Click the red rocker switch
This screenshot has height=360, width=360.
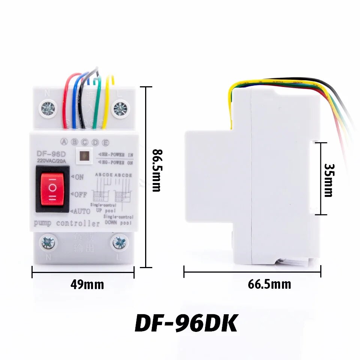pos(52,189)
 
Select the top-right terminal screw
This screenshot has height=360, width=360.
pos(120,109)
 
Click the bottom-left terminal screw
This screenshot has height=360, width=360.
pos(48,243)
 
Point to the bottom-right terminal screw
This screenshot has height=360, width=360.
pos(120,243)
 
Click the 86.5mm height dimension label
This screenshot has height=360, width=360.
pos(156,170)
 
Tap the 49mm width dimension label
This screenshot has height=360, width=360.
pos(87,285)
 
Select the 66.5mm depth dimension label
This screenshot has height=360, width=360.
pos(269,284)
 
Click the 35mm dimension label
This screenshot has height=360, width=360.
pos(328,180)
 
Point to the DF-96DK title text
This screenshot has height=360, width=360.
pos(186,323)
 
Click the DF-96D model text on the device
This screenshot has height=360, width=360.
pos(51,154)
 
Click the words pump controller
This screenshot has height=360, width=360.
pos(67,224)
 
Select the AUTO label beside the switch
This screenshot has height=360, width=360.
pos(81,211)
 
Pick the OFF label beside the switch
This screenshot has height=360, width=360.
pos(80,195)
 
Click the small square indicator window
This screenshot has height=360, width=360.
pos(85,156)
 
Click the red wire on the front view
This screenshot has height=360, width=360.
pos(66,101)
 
